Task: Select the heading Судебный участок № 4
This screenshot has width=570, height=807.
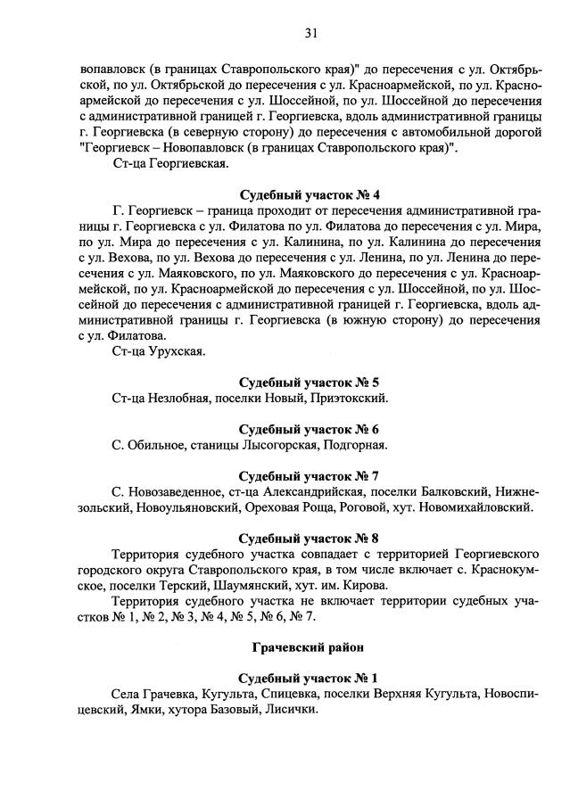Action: point(310,195)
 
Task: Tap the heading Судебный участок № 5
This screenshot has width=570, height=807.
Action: point(310,381)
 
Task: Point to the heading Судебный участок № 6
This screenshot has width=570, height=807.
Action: point(310,427)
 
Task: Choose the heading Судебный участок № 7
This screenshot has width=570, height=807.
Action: point(310,474)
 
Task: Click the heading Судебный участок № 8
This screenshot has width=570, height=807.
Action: point(310,538)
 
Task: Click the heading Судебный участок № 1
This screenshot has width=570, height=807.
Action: point(310,677)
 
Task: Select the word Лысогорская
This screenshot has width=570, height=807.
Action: point(267,443)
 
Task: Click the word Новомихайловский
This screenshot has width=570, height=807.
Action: point(480,507)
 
